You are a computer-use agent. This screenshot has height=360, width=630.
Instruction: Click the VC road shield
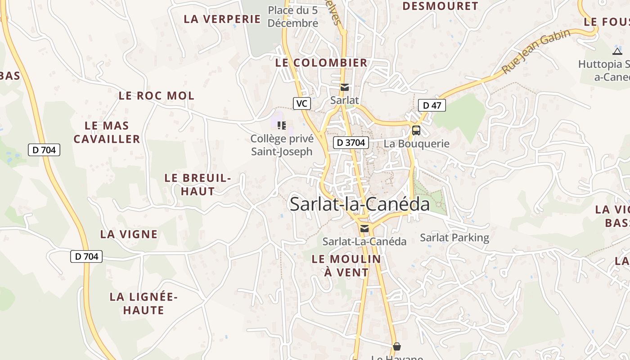pyautogui.click(x=301, y=103)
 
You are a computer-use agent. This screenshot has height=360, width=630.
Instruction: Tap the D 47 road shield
pyautogui.click(x=432, y=106)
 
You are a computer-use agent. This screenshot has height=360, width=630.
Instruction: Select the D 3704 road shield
pyautogui.click(x=351, y=143)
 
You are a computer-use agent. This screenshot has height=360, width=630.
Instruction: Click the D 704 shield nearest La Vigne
pyautogui.click(x=86, y=256)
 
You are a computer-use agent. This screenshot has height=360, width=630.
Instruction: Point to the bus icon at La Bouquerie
pyautogui.click(x=416, y=130)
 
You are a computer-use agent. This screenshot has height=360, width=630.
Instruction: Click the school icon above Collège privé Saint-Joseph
pyautogui.click(x=282, y=125)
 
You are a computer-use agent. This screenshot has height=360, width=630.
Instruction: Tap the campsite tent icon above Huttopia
pyautogui.click(x=617, y=51)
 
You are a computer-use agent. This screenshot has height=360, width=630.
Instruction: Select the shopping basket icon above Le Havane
pyautogui.click(x=397, y=346)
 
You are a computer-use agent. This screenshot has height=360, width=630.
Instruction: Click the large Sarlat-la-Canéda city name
pyautogui.click(x=360, y=204)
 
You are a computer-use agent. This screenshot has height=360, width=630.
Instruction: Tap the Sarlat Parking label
pyautogui.click(x=454, y=238)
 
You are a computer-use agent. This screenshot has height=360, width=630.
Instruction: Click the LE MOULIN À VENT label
pyautogui.click(x=346, y=265)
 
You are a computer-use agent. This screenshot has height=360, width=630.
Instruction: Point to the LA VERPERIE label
pyautogui.click(x=222, y=19)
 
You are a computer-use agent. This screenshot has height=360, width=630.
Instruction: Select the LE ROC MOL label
pyautogui.click(x=157, y=95)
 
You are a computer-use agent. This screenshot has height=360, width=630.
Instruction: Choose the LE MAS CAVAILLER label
pyautogui.click(x=107, y=132)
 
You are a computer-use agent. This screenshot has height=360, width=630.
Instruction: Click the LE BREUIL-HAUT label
pyautogui.click(x=198, y=184)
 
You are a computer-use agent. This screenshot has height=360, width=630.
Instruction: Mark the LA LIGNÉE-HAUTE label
pyautogui.click(x=144, y=303)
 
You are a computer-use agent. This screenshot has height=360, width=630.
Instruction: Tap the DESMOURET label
pyautogui.click(x=440, y=6)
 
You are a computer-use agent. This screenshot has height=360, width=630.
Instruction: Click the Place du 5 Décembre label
pyautogui.click(x=293, y=17)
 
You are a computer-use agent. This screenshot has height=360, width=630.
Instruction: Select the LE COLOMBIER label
pyautogui.click(x=321, y=63)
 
